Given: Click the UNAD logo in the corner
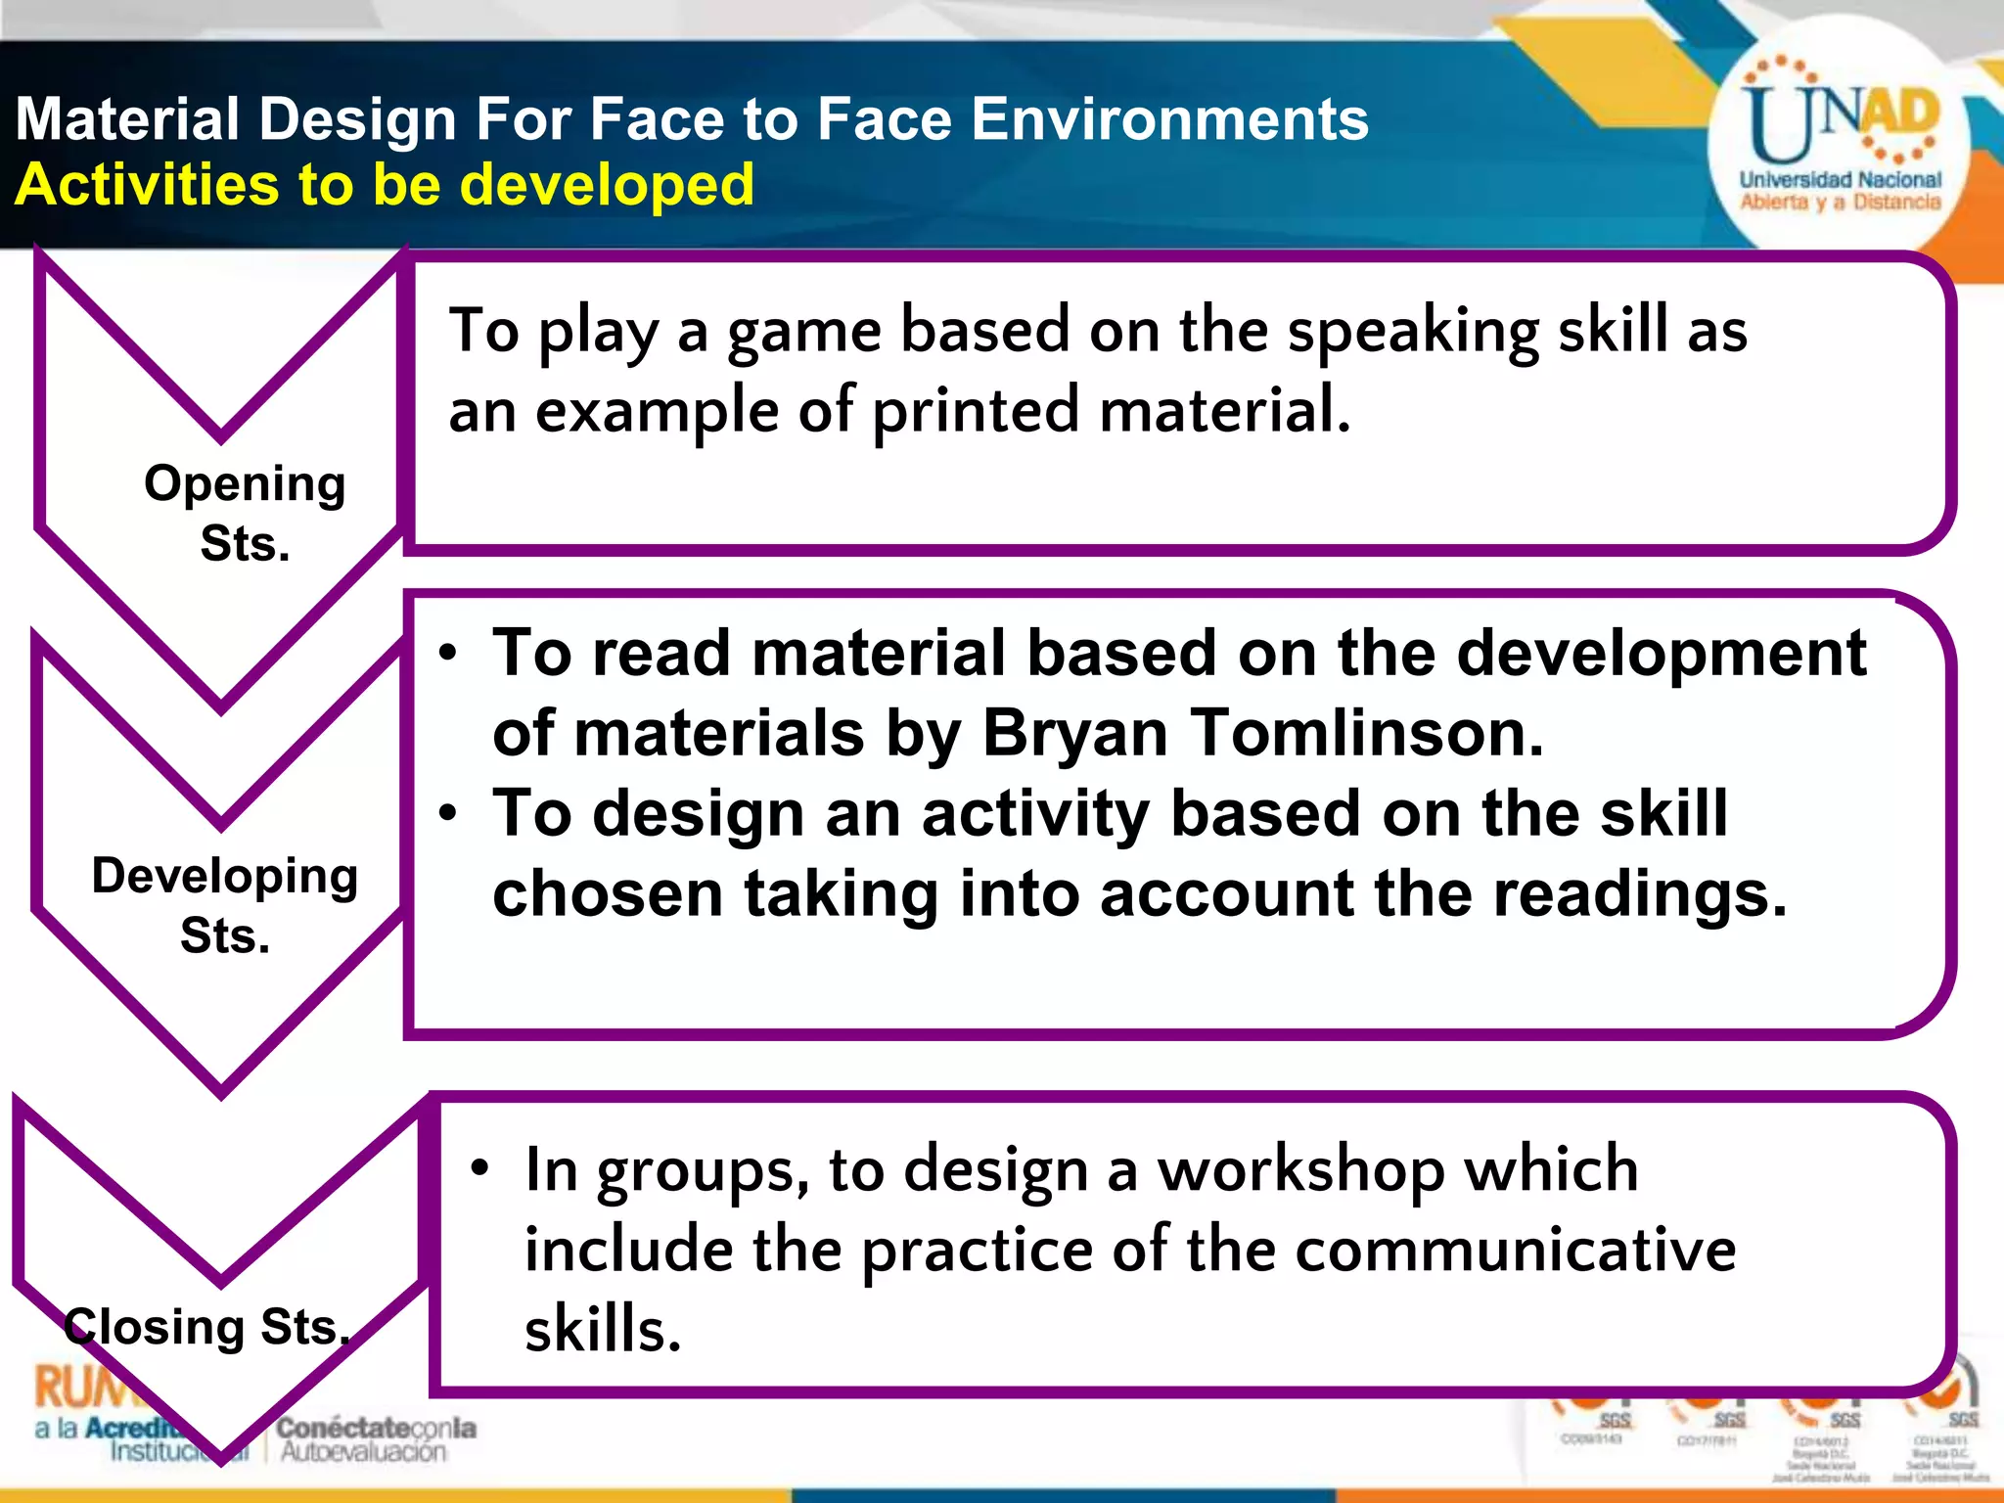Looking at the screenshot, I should click(x=1839, y=147).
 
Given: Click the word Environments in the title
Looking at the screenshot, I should click(x=1169, y=119).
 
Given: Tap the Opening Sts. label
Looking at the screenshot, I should click(x=245, y=513).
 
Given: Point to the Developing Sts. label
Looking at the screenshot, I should click(x=225, y=905).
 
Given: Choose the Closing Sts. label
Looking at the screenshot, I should click(x=206, y=1327).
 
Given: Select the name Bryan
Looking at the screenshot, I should click(x=1075, y=733).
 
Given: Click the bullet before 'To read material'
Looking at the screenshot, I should click(x=448, y=654).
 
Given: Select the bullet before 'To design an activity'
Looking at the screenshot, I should click(x=448, y=813).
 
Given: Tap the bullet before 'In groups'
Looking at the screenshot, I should click(x=478, y=1168).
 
